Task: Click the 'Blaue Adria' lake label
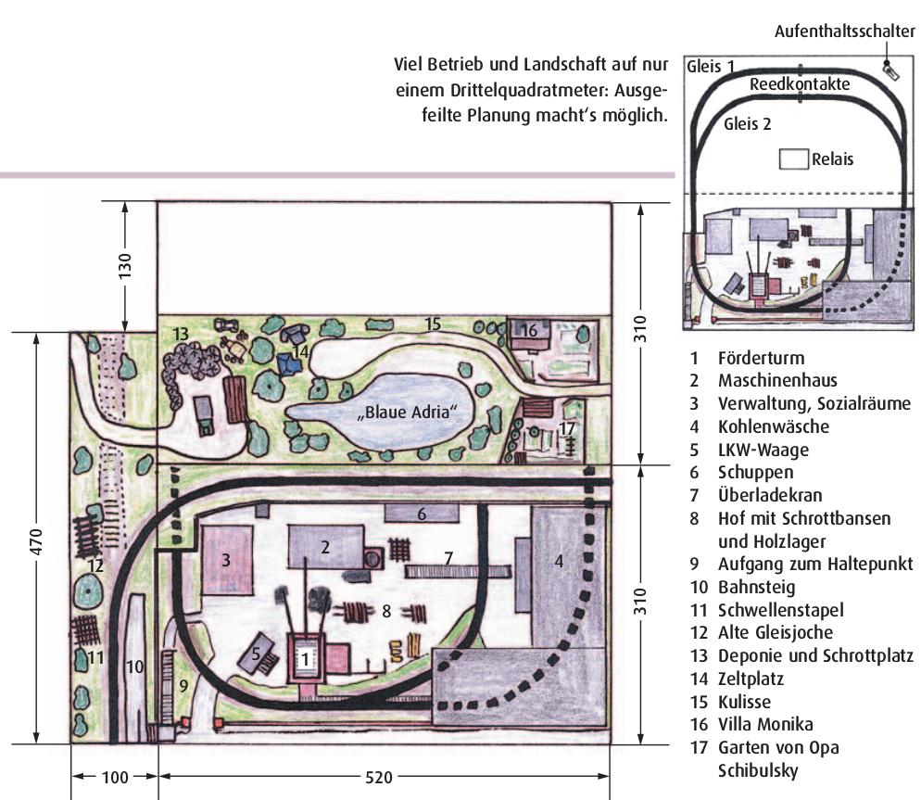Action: [x=407, y=412]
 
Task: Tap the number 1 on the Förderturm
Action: [x=305, y=659]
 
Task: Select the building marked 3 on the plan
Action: [x=227, y=560]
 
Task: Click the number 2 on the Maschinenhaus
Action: [x=325, y=547]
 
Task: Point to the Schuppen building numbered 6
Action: [x=422, y=514]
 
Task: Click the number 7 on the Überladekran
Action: [x=448, y=557]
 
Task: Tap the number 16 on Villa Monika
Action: [x=529, y=330]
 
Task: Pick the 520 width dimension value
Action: [x=379, y=778]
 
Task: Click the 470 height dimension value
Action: [x=36, y=541]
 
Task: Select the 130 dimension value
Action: [x=125, y=266]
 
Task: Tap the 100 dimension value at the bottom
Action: [x=115, y=778]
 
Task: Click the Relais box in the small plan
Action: [x=793, y=159]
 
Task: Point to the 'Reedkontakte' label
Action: [x=800, y=84]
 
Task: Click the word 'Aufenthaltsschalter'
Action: [x=845, y=31]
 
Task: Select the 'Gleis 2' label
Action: [x=747, y=123]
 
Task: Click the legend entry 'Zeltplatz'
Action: [x=751, y=679]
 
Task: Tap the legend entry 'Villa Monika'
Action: [x=765, y=724]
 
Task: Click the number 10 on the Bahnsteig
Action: [x=134, y=667]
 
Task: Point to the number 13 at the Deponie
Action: [x=181, y=334]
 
